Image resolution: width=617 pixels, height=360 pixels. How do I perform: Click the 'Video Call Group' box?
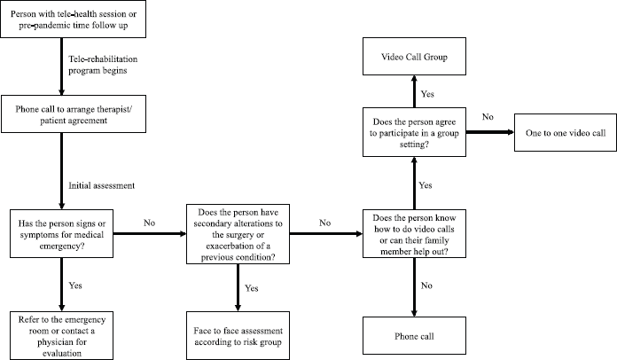click(414, 56)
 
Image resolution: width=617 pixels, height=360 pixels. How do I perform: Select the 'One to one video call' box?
click(566, 133)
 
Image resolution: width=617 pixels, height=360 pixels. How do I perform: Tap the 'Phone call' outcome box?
click(414, 335)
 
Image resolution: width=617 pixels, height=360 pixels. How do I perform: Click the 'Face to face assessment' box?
click(238, 335)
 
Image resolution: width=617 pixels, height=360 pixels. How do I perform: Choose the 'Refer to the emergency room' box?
click(62, 335)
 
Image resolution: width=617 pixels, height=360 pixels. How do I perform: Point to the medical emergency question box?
click(62, 234)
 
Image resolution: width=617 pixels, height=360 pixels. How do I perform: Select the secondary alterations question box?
click(238, 234)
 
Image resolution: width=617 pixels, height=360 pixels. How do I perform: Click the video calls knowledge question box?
click(414, 234)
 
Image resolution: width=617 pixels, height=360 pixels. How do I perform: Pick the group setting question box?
click(414, 132)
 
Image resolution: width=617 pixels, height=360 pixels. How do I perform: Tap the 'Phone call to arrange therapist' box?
click(74, 113)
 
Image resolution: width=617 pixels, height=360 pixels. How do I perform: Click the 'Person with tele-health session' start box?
click(74, 19)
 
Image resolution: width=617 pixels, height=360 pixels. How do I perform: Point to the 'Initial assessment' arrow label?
click(102, 185)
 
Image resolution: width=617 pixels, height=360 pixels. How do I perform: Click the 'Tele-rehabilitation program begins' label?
click(103, 65)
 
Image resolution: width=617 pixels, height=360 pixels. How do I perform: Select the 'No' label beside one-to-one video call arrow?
click(488, 116)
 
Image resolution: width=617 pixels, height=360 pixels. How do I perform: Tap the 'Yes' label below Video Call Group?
click(427, 94)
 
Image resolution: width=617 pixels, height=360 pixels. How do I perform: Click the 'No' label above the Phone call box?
click(426, 286)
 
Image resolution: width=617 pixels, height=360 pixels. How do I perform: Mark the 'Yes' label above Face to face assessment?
click(251, 288)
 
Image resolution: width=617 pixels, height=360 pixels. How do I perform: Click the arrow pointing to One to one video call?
click(490, 132)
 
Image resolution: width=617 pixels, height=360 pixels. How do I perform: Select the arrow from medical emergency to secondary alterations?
click(150, 234)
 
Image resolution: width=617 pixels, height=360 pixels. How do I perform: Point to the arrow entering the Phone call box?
click(414, 287)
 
